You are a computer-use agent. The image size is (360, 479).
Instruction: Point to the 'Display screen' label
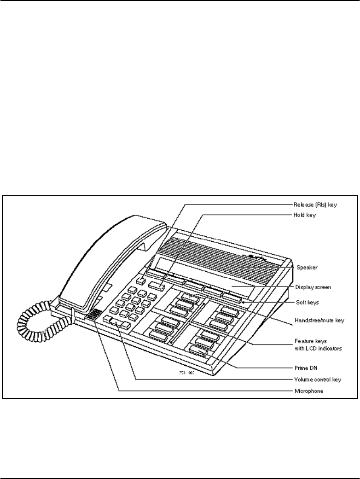tap(313, 286)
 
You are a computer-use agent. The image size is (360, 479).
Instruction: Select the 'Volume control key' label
tap(317, 380)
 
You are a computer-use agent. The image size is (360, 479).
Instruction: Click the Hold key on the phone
tap(157, 289)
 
